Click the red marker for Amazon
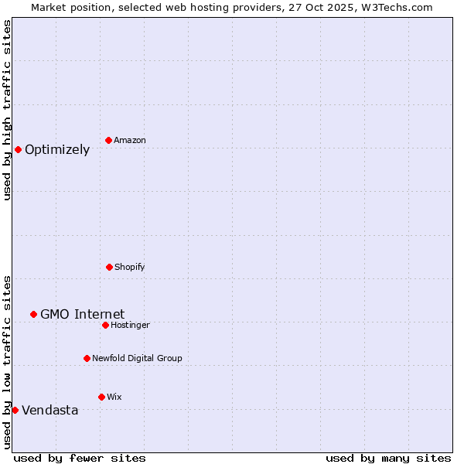click(x=108, y=140)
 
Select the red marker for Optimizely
click(x=18, y=149)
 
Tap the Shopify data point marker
click(x=109, y=267)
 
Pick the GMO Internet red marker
click(x=33, y=314)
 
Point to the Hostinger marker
click(x=105, y=325)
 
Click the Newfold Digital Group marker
click(x=87, y=358)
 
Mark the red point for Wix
click(x=101, y=397)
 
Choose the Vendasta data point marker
click(x=15, y=410)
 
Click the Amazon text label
click(x=130, y=140)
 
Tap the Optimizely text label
click(x=57, y=149)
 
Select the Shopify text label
click(x=130, y=267)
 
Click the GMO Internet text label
click(x=82, y=314)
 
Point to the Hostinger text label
click(x=130, y=325)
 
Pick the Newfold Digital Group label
click(x=137, y=358)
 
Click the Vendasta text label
click(x=49, y=410)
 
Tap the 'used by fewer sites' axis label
click(x=80, y=458)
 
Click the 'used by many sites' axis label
click(x=388, y=458)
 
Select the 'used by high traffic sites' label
click(x=7, y=110)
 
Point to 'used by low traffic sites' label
click(x=7, y=361)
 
